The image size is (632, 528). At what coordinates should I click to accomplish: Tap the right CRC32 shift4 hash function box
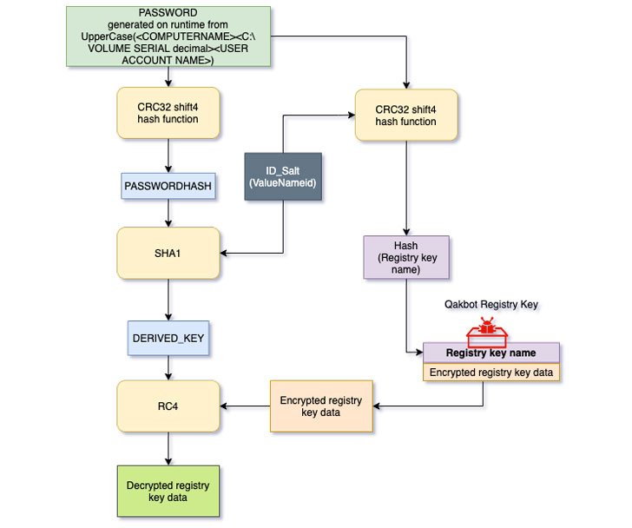(x=406, y=115)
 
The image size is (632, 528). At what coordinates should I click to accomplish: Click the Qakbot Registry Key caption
(x=491, y=306)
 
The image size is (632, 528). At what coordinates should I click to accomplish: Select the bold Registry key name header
(x=491, y=353)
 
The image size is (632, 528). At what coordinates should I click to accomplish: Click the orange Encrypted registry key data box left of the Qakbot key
(x=321, y=406)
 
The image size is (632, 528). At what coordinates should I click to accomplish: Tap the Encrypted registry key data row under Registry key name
(x=491, y=372)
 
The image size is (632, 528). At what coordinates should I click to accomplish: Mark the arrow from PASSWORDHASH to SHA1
(x=168, y=214)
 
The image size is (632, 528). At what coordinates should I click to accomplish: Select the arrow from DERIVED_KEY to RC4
(x=168, y=366)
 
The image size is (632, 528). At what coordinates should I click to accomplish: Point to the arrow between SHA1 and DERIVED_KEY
(x=168, y=297)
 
